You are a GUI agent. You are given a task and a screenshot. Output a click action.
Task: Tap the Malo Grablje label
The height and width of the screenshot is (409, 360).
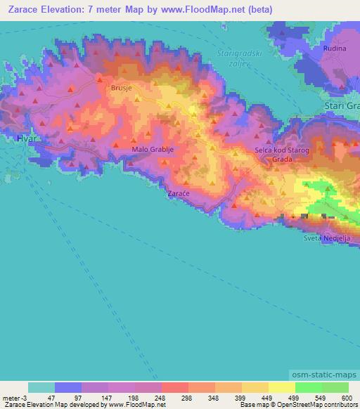[x=150, y=149]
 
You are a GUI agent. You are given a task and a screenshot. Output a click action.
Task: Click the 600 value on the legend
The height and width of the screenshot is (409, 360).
[x=348, y=397]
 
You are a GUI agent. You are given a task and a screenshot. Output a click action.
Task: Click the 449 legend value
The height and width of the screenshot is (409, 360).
[x=268, y=397]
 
